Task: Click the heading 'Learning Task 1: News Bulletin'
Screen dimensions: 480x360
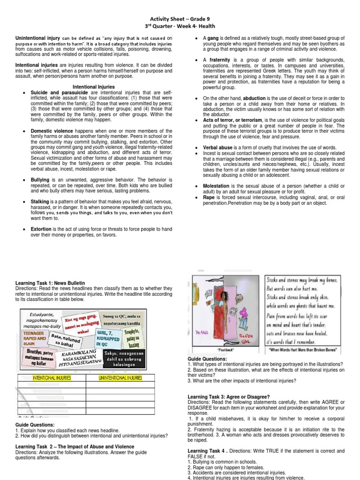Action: pos(50,284)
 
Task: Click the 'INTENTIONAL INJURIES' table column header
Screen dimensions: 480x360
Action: pos(52,377)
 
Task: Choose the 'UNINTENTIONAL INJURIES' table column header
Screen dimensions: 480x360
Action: pos(120,377)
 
